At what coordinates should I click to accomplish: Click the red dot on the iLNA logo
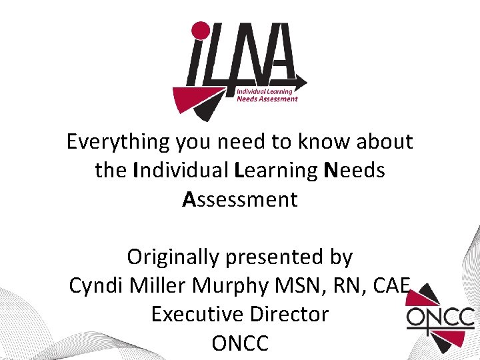click(201, 31)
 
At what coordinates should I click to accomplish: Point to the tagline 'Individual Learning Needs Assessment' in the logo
click(267, 95)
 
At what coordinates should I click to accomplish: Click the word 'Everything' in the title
click(118, 142)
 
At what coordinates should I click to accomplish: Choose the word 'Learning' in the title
click(276, 171)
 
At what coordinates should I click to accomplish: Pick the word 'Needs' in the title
click(354, 171)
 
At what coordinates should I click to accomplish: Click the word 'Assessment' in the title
click(240, 199)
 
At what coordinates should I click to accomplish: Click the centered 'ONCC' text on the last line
click(240, 343)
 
